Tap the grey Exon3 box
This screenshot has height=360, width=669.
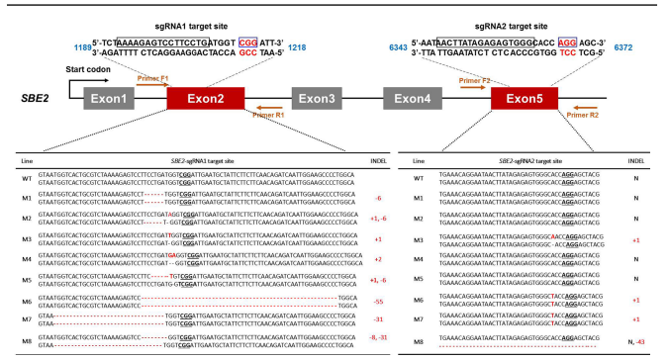(318, 98)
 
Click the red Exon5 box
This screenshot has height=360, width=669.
(525, 98)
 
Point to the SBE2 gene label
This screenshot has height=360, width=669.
(35, 99)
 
